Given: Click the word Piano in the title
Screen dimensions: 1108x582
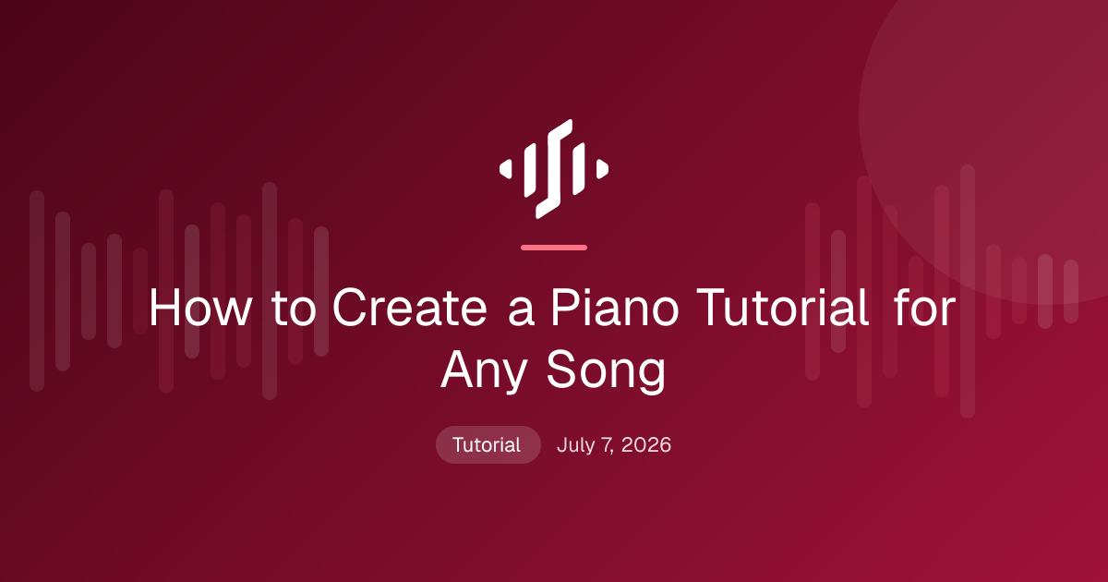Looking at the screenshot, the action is (x=615, y=308).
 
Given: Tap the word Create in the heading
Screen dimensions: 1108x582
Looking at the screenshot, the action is (x=410, y=308).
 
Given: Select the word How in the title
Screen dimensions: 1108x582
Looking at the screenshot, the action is (x=199, y=308).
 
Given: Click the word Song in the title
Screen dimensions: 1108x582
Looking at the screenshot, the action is (x=606, y=371).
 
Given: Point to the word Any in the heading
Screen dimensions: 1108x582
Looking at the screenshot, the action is (x=484, y=371).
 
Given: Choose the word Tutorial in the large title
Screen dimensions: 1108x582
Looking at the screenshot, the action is (x=782, y=308).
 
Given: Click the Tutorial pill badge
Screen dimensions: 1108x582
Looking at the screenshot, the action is (x=488, y=445).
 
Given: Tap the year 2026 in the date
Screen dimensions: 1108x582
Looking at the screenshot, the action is (x=646, y=445).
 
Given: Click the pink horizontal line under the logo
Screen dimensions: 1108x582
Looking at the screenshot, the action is (x=554, y=248).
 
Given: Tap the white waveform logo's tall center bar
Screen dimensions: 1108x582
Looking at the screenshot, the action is (x=554, y=169).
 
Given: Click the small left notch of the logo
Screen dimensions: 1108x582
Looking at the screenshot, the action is (x=506, y=169).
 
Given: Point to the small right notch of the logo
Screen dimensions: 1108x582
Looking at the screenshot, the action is (x=602, y=169).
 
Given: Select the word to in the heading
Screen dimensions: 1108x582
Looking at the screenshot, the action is (x=294, y=309).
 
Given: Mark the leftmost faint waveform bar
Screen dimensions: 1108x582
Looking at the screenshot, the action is (x=37, y=291).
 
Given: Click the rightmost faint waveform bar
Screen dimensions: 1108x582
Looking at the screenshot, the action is (x=1071, y=292).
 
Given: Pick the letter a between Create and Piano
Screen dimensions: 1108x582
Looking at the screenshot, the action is (x=522, y=313).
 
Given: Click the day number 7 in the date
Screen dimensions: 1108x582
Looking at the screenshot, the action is (x=607, y=445).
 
